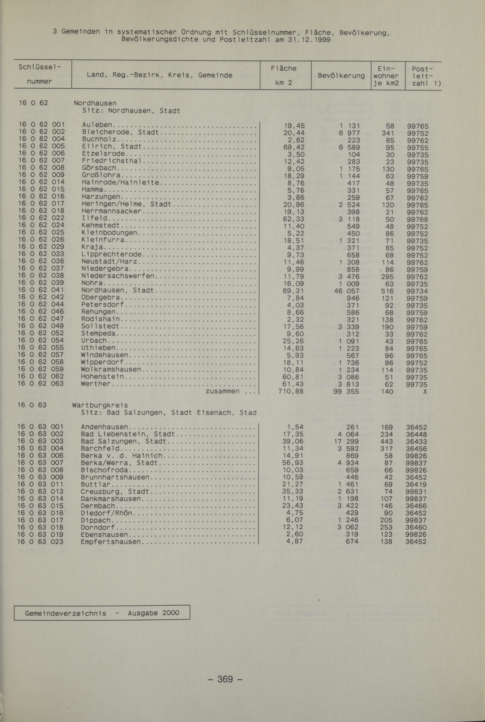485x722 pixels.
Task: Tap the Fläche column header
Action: tap(283, 68)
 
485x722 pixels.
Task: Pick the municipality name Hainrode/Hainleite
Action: tap(121, 183)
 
